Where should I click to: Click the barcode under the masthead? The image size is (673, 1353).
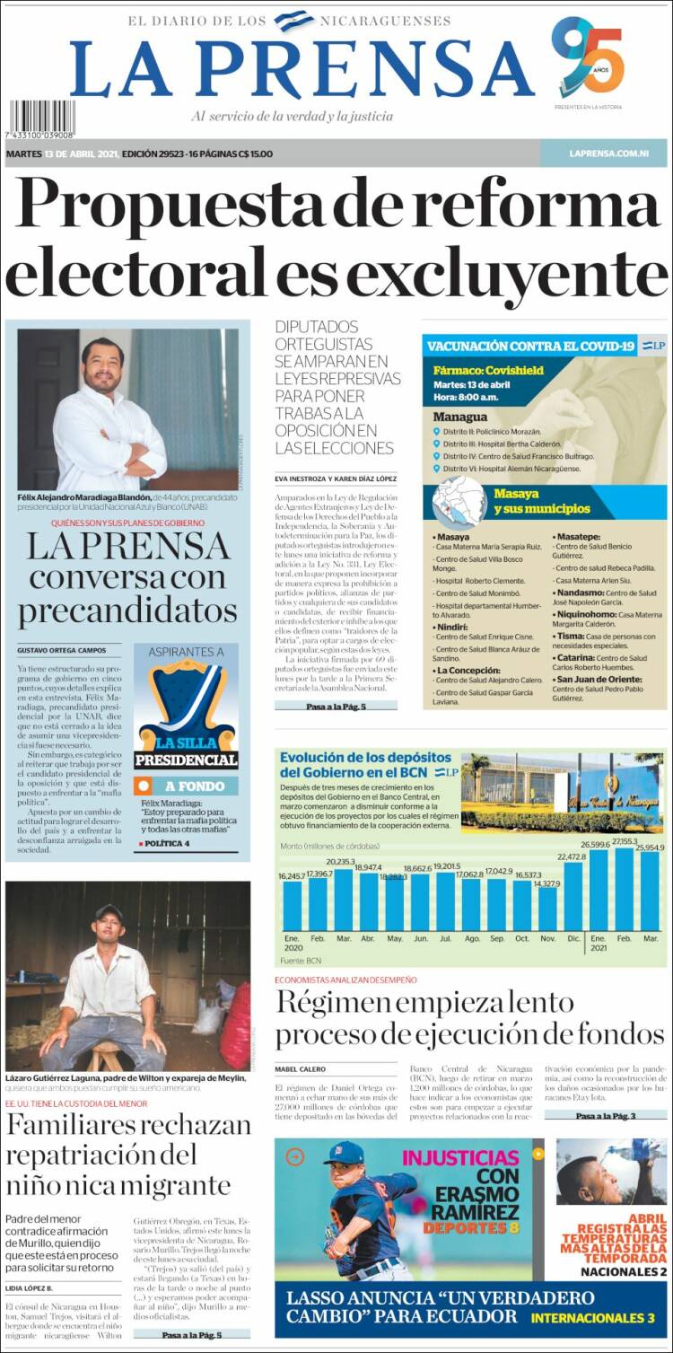point(42,119)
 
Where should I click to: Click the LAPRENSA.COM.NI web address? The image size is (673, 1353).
point(608,154)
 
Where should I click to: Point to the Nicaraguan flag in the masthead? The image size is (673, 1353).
point(293,20)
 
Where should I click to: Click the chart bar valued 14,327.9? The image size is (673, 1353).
point(548,908)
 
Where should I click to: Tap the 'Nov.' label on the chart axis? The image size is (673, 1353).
point(548,937)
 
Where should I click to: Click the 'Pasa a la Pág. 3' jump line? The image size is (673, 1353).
point(606,1115)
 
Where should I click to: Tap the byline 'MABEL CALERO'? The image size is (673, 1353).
point(300,1069)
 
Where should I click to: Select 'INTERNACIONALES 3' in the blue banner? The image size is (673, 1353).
point(592,1318)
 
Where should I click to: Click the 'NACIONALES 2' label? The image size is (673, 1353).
point(623,1271)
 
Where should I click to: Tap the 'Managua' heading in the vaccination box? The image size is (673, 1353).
point(459,417)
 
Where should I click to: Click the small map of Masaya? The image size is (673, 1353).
point(459,499)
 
